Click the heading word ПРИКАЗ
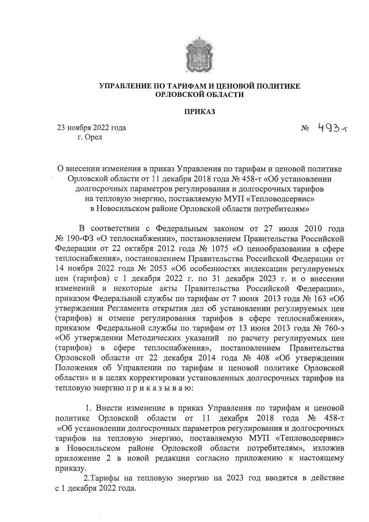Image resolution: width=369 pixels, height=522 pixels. point(200,111)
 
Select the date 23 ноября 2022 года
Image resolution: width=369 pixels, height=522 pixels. point(91,128)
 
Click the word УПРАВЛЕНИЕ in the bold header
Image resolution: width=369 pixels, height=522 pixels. point(128,86)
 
